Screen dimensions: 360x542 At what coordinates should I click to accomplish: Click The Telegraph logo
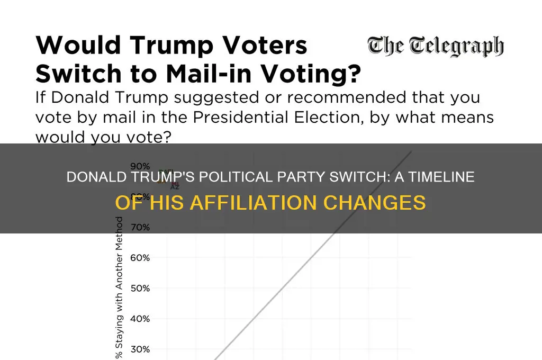click(x=435, y=47)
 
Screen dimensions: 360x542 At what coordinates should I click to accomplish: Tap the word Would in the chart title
click(x=70, y=46)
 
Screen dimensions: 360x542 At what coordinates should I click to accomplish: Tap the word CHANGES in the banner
click(x=375, y=203)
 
